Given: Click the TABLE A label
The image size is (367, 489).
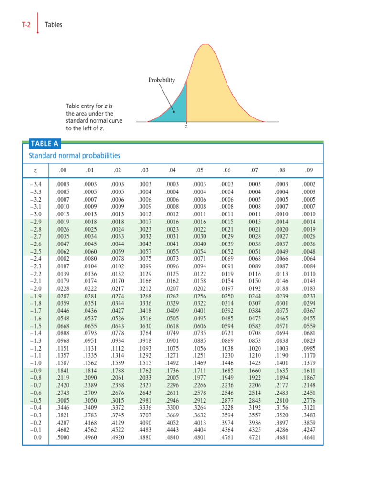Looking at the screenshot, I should tap(42, 143).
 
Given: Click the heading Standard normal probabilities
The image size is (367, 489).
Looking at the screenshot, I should tap(75, 156).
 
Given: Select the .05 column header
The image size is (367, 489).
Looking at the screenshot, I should tap(199, 170).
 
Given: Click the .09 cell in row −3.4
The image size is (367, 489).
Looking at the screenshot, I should tap(309, 184).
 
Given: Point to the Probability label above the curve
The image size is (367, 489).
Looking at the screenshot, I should tap(161, 80).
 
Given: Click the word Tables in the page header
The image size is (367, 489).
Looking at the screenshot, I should tap(54, 24).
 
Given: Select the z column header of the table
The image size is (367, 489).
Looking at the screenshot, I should tap(36, 170).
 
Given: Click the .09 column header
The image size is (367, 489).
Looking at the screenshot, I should tap(309, 170).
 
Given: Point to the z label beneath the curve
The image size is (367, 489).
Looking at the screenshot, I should tap(185, 127).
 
